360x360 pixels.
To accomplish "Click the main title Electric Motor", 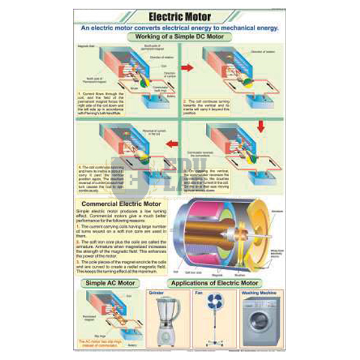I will pyautogui.click(x=181, y=17).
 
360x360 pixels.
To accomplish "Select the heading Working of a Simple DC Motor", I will pyautogui.click(x=181, y=37).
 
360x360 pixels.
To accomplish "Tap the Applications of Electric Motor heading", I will pyautogui.click(x=215, y=283).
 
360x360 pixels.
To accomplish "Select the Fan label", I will pyautogui.click(x=199, y=294).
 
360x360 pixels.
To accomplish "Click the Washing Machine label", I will pyautogui.click(x=258, y=294).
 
